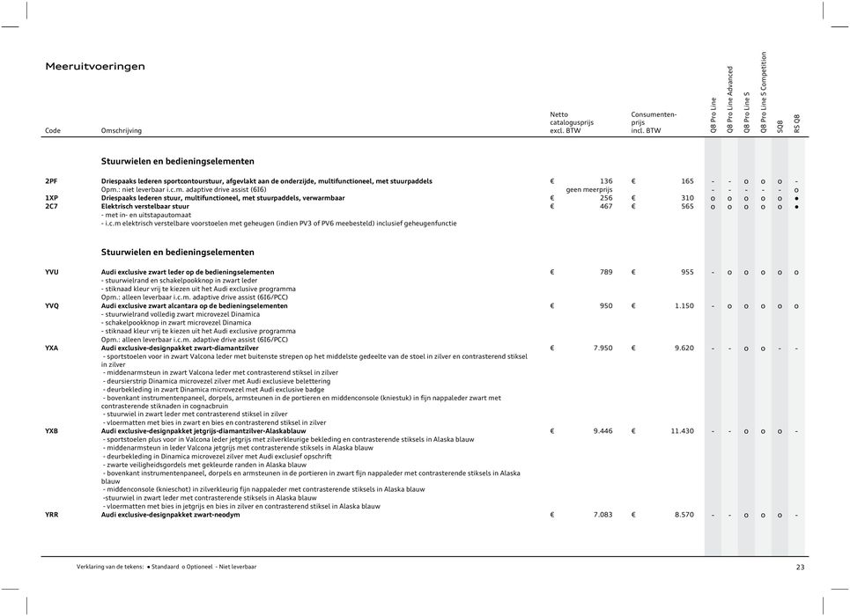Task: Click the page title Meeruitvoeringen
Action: coord(95,66)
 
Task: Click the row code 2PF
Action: coord(52,180)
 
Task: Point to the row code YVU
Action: coord(53,272)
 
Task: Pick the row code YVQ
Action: coord(53,305)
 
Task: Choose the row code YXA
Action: coord(52,348)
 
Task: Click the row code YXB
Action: coord(52,431)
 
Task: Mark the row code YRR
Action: coord(52,514)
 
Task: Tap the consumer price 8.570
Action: coord(680,514)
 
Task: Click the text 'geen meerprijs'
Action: coord(589,188)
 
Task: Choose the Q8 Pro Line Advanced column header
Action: coord(730,99)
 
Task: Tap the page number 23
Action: coord(800,568)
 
